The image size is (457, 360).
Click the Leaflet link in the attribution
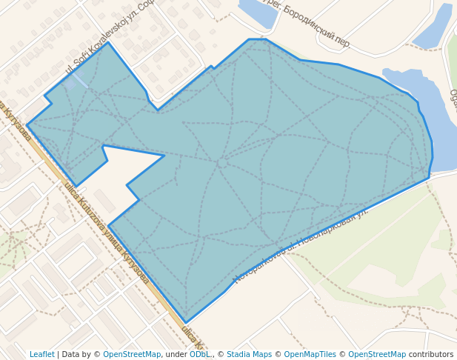41,354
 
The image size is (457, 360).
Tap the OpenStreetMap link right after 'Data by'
131,354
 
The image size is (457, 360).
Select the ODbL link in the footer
199,354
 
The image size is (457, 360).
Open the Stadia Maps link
249,354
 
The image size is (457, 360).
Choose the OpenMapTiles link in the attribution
310,354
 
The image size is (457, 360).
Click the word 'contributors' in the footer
430,354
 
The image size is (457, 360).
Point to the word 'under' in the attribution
176,354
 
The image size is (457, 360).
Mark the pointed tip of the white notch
163,156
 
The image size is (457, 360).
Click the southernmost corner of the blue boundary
187,322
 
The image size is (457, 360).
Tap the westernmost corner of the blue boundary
27,124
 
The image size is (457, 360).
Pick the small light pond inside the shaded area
72,83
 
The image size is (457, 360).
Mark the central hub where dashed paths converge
221,162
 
